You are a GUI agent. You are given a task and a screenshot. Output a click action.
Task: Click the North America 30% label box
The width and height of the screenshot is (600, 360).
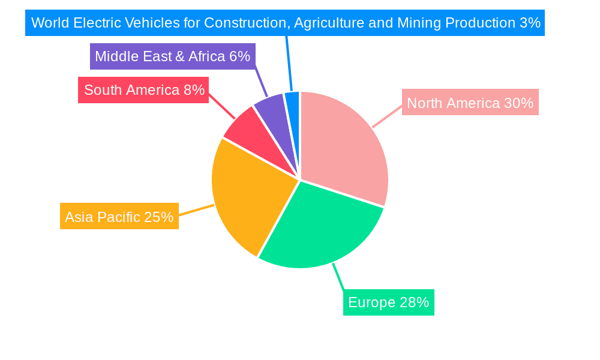470,103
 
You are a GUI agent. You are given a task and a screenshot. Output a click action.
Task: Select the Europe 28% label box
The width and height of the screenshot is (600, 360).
388,302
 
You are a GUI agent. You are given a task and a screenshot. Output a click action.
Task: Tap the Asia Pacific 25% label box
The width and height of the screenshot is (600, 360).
119,217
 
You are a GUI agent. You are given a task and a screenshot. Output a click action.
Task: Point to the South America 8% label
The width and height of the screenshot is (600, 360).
143,90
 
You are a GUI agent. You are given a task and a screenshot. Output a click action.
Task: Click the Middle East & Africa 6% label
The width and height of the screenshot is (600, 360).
172,56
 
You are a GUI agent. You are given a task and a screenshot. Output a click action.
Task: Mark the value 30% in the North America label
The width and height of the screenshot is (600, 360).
518,103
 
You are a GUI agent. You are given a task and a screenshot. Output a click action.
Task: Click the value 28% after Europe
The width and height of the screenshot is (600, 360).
414,302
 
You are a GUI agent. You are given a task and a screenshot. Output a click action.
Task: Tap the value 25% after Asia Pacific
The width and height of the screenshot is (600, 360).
158,217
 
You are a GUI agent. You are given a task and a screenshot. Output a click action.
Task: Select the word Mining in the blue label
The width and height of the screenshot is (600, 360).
416,23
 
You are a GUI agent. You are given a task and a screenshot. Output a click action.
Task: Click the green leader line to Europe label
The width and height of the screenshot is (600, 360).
338,277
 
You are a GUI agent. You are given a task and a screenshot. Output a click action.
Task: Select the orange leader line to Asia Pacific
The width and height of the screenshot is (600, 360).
196,210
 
